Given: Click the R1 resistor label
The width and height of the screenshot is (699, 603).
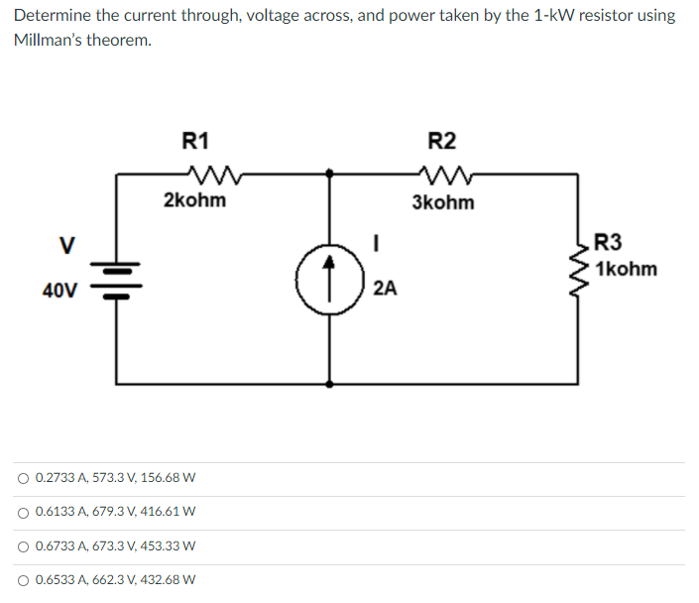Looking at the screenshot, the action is pos(195,141).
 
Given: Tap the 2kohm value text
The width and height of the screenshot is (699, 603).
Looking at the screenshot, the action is pos(194,199).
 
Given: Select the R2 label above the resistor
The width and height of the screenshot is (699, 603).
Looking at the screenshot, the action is pos(442,141).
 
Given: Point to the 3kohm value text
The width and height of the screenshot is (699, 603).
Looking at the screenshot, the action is pos(443,202).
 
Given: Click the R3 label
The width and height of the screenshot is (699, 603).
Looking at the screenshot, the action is pos(608,242).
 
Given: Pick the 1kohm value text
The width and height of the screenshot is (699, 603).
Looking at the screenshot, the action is pos(626,269).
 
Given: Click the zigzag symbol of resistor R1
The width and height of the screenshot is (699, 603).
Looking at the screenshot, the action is pos(214,175).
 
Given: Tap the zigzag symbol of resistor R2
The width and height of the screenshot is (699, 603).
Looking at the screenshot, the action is pos(446,175).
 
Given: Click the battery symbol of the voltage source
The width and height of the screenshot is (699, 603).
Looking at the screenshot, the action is pos(116,281).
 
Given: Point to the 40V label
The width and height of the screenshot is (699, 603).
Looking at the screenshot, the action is pos(59,291).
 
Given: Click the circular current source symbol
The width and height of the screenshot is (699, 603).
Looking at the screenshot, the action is pos(329,280).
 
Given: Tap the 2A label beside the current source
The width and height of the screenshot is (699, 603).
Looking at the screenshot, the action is pos(385,289).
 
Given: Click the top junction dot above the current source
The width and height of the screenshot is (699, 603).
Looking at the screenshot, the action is pos(329,174).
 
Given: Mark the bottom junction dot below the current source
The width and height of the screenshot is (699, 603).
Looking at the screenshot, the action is pos(329,384).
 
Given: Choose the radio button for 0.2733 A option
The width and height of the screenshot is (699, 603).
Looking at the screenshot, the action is pos(23,479).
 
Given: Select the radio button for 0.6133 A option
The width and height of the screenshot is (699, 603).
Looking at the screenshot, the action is pos(23,513).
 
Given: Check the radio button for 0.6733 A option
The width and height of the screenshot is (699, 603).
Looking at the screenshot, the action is pos(23,546).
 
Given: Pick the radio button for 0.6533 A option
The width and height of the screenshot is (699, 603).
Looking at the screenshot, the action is pos(23,581).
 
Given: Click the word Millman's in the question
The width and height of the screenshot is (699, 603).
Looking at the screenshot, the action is pos(49,40).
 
